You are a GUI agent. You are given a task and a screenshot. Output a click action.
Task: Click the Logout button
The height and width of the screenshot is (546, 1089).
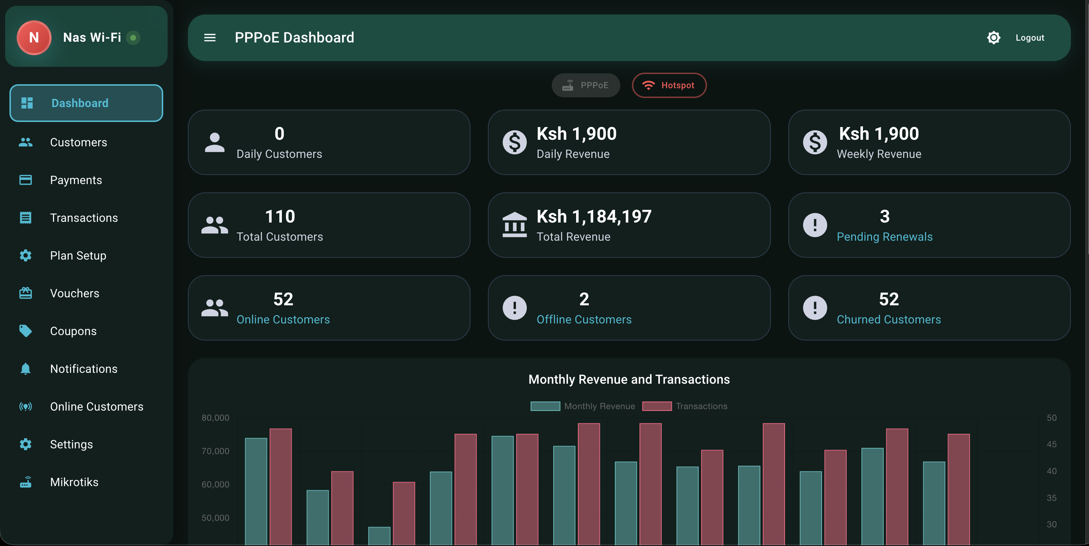[x=1030, y=38]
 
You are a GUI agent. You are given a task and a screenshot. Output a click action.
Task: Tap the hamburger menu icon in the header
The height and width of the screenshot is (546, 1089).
[x=210, y=38]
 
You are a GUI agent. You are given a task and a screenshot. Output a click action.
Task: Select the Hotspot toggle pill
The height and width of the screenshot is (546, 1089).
[x=669, y=85]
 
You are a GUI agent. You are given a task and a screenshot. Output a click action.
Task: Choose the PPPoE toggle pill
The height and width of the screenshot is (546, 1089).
[x=585, y=85]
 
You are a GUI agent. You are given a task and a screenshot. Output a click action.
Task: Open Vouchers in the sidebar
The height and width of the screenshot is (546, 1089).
[x=74, y=293]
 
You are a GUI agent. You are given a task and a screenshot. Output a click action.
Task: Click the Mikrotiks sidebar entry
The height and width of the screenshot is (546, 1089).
[x=74, y=482]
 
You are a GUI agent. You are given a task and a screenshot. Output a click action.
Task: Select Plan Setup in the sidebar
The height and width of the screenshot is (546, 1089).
[x=78, y=256]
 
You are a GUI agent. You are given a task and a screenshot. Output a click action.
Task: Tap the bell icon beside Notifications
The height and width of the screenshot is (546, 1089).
[x=25, y=369]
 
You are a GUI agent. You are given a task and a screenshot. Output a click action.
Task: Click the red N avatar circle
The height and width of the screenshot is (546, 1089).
[x=34, y=38]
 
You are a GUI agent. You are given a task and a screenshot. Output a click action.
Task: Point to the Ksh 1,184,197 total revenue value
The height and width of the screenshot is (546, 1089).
[x=593, y=216]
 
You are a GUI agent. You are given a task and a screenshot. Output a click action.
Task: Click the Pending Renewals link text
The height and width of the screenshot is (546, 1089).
[x=884, y=237]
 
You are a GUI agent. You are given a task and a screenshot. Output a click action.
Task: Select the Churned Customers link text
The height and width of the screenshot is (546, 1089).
[x=889, y=319]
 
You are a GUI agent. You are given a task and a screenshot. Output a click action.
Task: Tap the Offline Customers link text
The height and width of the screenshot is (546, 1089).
[x=584, y=319]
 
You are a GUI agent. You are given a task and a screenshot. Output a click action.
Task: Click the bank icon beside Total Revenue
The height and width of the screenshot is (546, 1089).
[x=514, y=225]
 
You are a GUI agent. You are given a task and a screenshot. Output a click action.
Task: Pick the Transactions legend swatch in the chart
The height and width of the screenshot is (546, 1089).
[x=657, y=406]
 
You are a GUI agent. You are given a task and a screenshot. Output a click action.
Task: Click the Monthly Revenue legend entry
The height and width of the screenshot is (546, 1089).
[x=599, y=406]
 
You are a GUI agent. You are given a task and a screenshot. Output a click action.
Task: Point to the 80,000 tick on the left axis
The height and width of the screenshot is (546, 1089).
[x=215, y=418]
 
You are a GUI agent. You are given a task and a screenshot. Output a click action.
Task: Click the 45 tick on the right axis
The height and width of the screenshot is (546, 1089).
[x=1051, y=444]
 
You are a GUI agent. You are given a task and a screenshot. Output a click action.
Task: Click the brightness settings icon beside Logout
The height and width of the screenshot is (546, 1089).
[x=994, y=38]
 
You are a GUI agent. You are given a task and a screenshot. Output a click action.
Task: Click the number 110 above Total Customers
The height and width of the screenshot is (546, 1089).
[x=280, y=216]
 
